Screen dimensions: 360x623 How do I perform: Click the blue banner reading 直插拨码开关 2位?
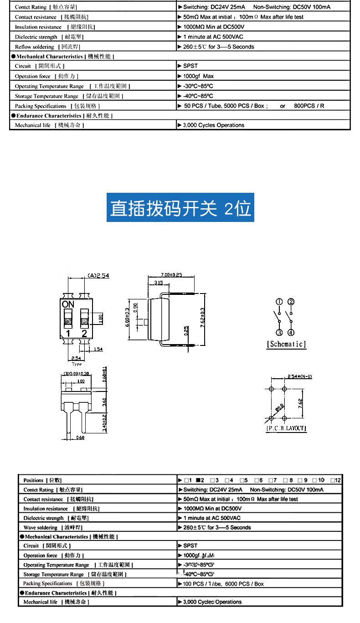click(180, 208)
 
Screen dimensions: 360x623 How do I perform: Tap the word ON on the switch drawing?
click(68, 304)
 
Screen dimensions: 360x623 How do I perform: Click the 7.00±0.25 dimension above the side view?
click(171, 275)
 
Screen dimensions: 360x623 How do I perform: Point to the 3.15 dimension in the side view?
click(159, 283)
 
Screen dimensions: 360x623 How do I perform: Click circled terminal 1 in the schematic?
click(279, 302)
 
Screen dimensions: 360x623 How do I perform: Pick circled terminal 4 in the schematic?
click(291, 333)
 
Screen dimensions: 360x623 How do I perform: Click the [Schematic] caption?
click(286, 344)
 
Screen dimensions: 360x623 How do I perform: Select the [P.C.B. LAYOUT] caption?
click(286, 428)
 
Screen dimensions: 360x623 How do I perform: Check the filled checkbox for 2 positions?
click(199, 480)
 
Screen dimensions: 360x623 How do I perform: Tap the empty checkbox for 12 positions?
click(333, 480)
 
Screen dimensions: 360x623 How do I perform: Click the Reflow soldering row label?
click(35, 47)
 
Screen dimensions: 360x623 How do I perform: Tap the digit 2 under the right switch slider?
click(84, 333)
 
